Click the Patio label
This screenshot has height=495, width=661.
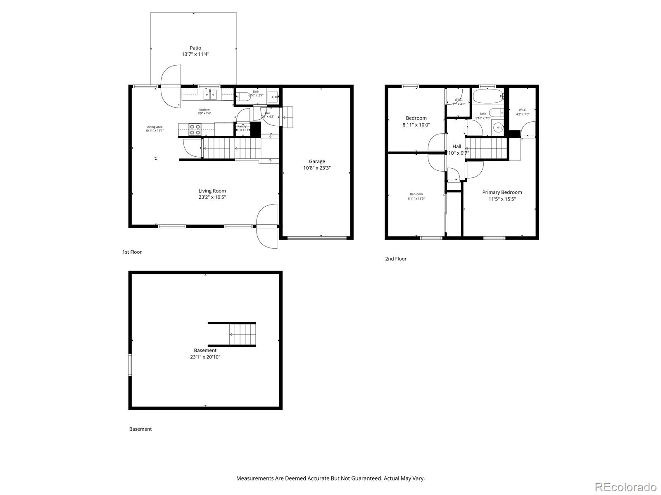tap(195, 48)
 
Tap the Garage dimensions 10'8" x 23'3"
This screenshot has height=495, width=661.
tap(317, 168)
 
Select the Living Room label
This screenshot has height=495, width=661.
tap(212, 191)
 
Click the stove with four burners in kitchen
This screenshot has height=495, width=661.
tap(195, 130)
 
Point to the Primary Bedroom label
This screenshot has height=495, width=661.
tap(502, 192)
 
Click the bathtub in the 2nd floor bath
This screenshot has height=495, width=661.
tap(488, 97)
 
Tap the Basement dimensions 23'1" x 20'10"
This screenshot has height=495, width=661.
tap(205, 357)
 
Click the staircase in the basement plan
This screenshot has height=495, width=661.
tap(242, 335)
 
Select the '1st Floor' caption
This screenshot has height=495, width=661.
tap(132, 252)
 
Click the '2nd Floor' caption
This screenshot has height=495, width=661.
tap(396, 259)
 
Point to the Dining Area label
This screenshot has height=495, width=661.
tap(154, 127)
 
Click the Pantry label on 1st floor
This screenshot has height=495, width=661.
tap(242, 127)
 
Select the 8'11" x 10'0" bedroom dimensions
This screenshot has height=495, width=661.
tap(416, 125)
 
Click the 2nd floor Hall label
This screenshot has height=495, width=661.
tap(457, 146)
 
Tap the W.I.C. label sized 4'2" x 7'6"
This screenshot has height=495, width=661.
tap(522, 110)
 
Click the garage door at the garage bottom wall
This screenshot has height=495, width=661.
tap(317, 238)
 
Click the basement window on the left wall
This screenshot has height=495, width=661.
tap(130, 365)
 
